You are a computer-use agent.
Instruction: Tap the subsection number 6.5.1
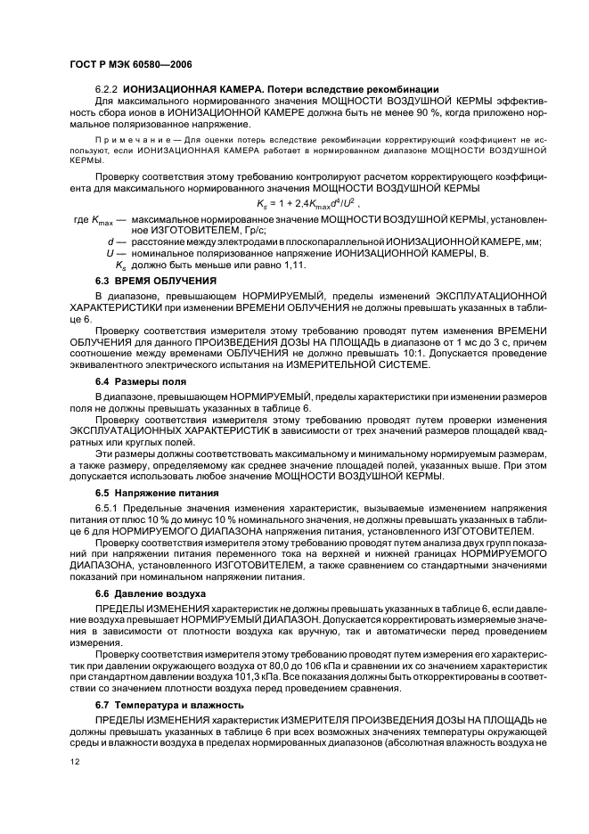tap(108, 506)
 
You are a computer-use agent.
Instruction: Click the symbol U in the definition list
tap(109, 253)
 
